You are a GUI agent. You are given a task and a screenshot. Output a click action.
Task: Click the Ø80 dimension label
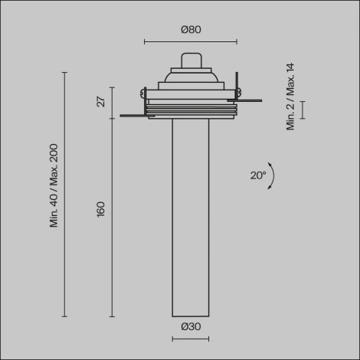click(x=191, y=30)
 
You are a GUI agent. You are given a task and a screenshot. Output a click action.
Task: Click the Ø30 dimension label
click(x=191, y=326)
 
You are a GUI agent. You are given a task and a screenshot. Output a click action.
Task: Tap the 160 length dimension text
click(x=101, y=209)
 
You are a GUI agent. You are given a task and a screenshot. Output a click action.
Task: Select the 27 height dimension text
click(x=101, y=101)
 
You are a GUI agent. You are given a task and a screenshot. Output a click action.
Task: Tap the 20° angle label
click(x=258, y=175)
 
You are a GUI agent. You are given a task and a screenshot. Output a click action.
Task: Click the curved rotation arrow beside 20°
click(x=272, y=175)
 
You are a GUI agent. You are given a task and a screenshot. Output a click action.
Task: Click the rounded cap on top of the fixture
click(x=191, y=60)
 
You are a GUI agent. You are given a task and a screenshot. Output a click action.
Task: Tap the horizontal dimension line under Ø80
click(x=191, y=41)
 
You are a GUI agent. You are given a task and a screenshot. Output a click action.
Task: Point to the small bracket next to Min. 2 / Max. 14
click(x=303, y=109)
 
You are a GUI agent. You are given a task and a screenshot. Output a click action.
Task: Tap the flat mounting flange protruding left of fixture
click(x=134, y=116)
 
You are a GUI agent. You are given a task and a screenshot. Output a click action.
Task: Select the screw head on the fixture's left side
click(x=142, y=93)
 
